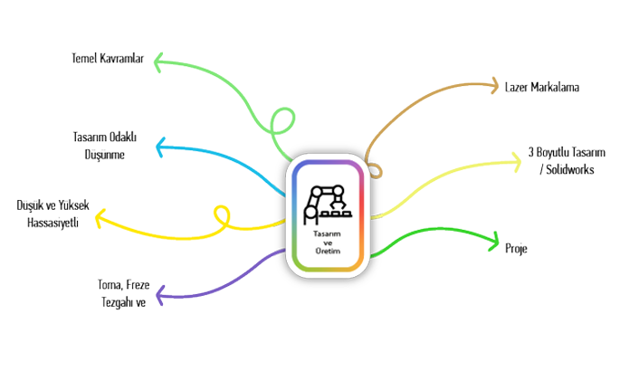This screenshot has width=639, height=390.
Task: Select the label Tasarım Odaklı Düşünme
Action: [103, 145]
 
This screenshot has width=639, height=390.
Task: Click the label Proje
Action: [516, 247]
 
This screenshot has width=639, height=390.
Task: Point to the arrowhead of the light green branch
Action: [157, 62]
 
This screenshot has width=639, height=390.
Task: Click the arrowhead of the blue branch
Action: [160, 145]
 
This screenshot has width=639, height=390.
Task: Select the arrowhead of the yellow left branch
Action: [99, 218]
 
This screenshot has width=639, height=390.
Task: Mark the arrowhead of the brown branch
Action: [496, 87]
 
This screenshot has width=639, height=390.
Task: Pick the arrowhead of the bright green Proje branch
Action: [495, 241]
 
